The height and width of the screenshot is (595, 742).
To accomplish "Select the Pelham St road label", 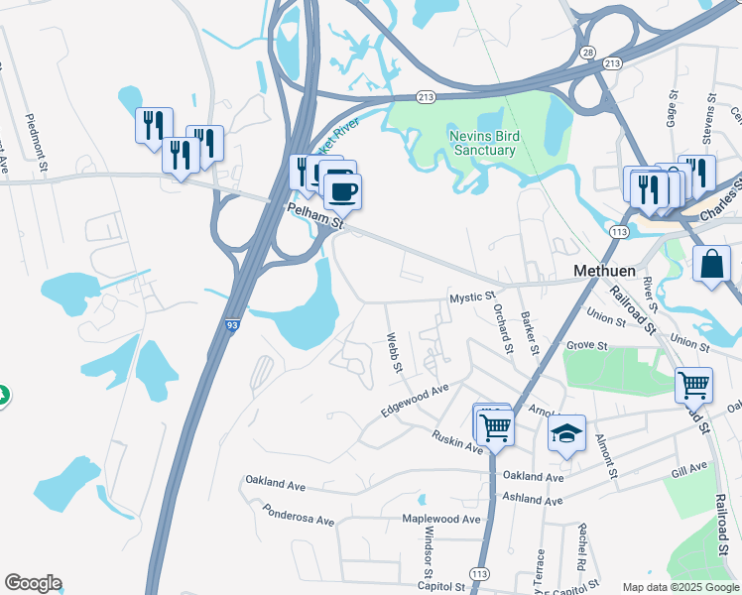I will pyautogui.click(x=315, y=218).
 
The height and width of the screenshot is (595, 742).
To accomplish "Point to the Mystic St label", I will pyautogui.click(x=472, y=297).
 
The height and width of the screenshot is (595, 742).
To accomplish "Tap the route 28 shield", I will pyautogui.click(x=587, y=51).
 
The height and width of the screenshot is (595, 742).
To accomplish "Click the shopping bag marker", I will pyautogui.click(x=712, y=264).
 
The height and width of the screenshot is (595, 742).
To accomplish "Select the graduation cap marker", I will pyautogui.click(x=566, y=432).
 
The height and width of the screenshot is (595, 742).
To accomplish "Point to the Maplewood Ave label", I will pyautogui.click(x=440, y=519).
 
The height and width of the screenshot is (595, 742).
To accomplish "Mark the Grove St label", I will pyautogui.click(x=586, y=346).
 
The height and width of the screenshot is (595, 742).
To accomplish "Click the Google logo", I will pyautogui.click(x=33, y=583).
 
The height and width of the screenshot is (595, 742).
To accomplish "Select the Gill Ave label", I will pyautogui.click(x=688, y=469).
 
